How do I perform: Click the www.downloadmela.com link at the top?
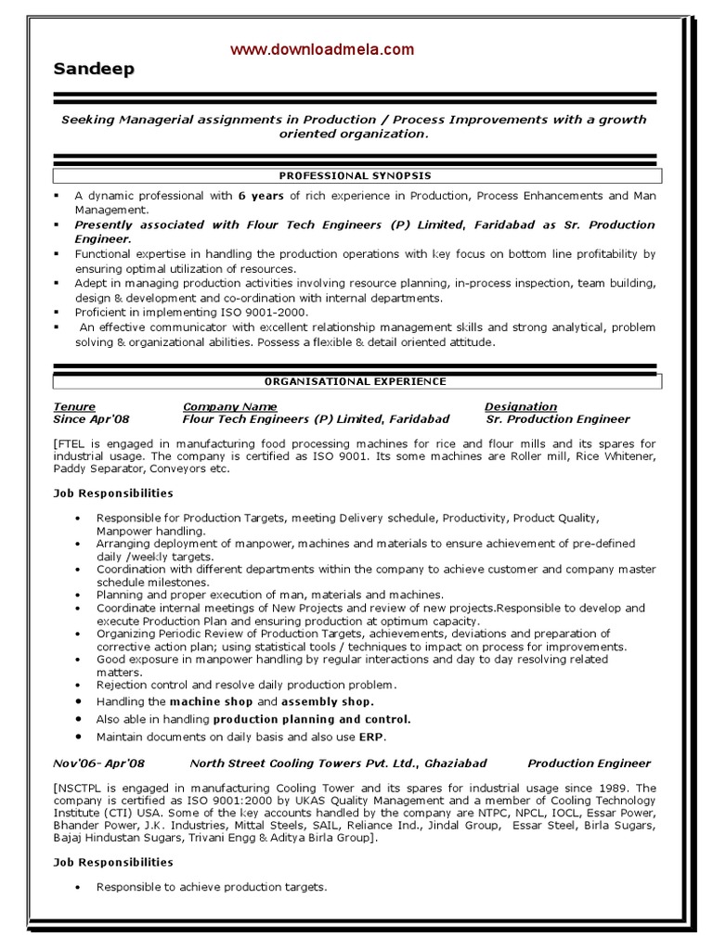[x=322, y=50]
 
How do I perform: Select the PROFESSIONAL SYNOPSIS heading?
[x=356, y=175]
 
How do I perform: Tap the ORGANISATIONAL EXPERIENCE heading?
[x=356, y=381]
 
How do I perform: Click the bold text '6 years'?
[x=261, y=196]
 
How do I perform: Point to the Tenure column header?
[x=74, y=406]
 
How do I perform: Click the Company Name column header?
[x=229, y=406]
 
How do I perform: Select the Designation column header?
[x=520, y=406]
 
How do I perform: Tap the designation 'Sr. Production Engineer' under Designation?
[x=558, y=419]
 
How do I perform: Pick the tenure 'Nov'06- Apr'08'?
[x=99, y=764]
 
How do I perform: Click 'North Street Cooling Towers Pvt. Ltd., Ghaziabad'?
[x=338, y=764]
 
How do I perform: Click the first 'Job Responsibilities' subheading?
[x=113, y=493]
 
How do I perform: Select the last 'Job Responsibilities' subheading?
[x=113, y=862]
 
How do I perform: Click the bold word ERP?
[x=370, y=737]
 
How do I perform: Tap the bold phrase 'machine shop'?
[x=211, y=702]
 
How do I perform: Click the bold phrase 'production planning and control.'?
[x=312, y=719]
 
